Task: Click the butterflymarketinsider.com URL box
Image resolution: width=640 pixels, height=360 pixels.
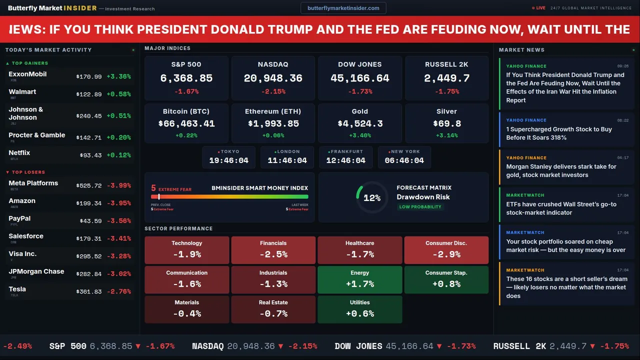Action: click(x=343, y=8)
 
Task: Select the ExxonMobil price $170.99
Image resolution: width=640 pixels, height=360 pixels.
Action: click(x=89, y=77)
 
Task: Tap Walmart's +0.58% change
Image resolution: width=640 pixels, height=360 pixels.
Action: click(x=118, y=94)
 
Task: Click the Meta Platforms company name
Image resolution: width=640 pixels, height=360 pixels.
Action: click(x=33, y=183)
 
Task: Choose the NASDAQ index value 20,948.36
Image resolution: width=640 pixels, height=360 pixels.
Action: click(x=273, y=78)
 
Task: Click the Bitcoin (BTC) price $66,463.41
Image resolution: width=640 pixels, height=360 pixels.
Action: click(x=186, y=123)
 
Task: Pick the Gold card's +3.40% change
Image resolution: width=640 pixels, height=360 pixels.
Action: click(x=360, y=135)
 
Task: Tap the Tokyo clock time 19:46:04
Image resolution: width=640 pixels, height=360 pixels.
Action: click(x=228, y=160)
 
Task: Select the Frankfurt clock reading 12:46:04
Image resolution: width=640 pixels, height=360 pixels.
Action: click(x=345, y=160)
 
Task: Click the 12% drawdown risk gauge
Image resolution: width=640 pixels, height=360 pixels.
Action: click(x=372, y=198)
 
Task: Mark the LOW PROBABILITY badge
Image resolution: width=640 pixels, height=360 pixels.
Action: click(x=420, y=207)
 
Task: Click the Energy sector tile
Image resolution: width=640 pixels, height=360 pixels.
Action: click(x=360, y=279)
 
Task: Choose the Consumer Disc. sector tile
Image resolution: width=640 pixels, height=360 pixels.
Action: click(x=446, y=250)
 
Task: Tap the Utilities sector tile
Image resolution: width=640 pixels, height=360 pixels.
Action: click(x=360, y=309)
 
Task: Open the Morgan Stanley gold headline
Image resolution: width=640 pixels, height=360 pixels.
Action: click(x=561, y=171)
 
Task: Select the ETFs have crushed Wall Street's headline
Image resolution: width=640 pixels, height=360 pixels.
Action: click(x=561, y=208)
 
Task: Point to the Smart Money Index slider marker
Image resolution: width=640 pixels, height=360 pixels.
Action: click(x=159, y=197)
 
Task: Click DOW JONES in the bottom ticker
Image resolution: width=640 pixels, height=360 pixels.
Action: click(x=358, y=346)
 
